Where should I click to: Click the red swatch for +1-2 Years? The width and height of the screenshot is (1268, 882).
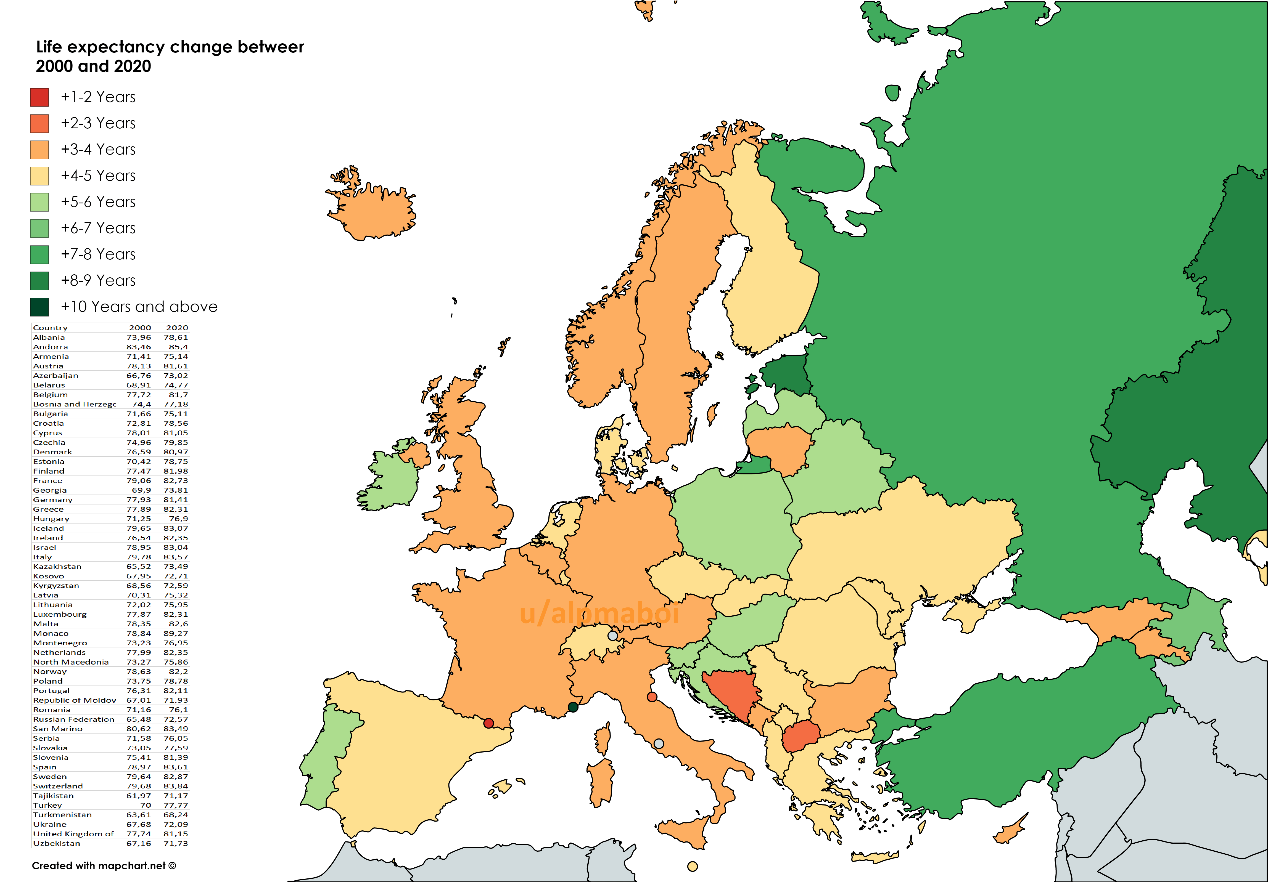click(x=39, y=97)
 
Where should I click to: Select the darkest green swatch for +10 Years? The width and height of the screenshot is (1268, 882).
click(x=39, y=307)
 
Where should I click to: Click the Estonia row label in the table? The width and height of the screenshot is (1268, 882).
click(x=49, y=461)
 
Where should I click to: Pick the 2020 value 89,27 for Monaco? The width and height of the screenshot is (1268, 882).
click(x=176, y=633)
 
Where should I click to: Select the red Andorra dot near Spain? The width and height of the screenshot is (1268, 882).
click(x=488, y=723)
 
